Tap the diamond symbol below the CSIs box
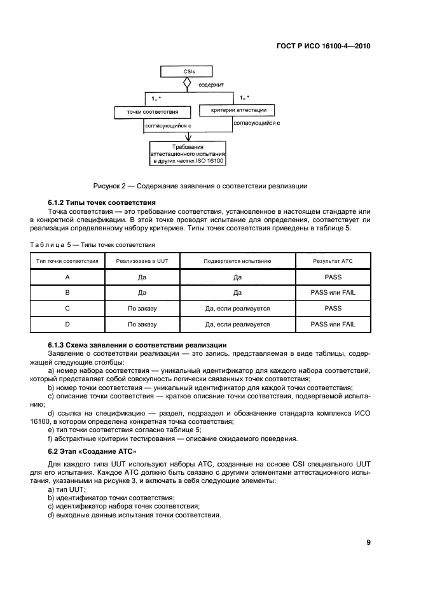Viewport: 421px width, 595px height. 186,83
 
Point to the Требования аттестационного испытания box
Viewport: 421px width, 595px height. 188,154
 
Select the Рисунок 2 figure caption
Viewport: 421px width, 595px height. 200,186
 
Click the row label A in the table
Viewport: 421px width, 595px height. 67,277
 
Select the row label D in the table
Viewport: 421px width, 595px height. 67,324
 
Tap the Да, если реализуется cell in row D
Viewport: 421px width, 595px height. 237,324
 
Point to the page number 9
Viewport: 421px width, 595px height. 368,542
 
